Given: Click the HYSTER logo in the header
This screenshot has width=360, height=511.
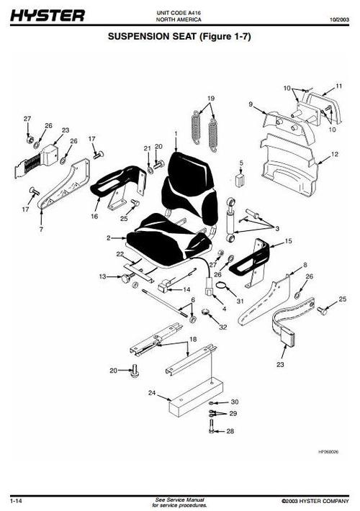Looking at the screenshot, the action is coord(48,15).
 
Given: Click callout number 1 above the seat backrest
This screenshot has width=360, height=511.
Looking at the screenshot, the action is coord(176,133).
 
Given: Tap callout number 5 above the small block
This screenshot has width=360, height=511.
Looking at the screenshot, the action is coord(241,163).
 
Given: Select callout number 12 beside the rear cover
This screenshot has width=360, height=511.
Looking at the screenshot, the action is coord(335,154).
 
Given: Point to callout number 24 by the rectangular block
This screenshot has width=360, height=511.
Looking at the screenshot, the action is coord(152,393).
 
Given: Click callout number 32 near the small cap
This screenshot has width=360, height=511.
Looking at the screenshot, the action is coord(222,327).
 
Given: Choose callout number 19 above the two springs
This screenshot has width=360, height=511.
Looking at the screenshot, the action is coord(211,99).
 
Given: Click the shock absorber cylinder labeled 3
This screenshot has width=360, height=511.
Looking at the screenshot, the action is coord(231,220).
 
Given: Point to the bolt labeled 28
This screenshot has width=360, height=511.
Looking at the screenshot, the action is coord(212,426).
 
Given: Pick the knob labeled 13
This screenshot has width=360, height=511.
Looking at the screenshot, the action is coord(125,279).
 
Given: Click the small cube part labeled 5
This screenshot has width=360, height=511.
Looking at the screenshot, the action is coord(240,179).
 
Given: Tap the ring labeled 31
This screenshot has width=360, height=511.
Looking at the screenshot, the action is coord(222,285).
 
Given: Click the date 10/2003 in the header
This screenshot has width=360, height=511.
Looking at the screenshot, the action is coord(339,19).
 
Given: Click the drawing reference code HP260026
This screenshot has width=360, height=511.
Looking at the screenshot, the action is coord(328,452).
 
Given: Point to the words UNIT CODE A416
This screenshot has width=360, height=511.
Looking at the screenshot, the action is coord(179,13).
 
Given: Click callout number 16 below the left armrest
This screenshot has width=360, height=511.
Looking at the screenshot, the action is coord(94,216).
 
